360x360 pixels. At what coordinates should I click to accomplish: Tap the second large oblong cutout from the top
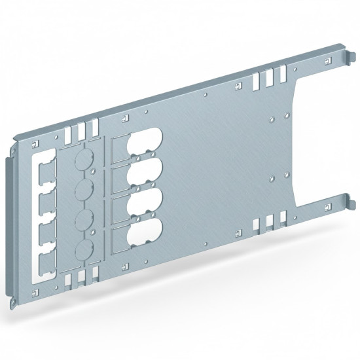pos(142,175)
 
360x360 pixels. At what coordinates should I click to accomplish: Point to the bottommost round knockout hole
pos(84,249)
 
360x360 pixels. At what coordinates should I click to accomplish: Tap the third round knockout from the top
pos(84,220)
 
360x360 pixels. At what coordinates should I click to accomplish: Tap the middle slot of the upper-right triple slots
pos(266,80)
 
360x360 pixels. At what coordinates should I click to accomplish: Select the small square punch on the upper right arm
pos(323,61)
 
